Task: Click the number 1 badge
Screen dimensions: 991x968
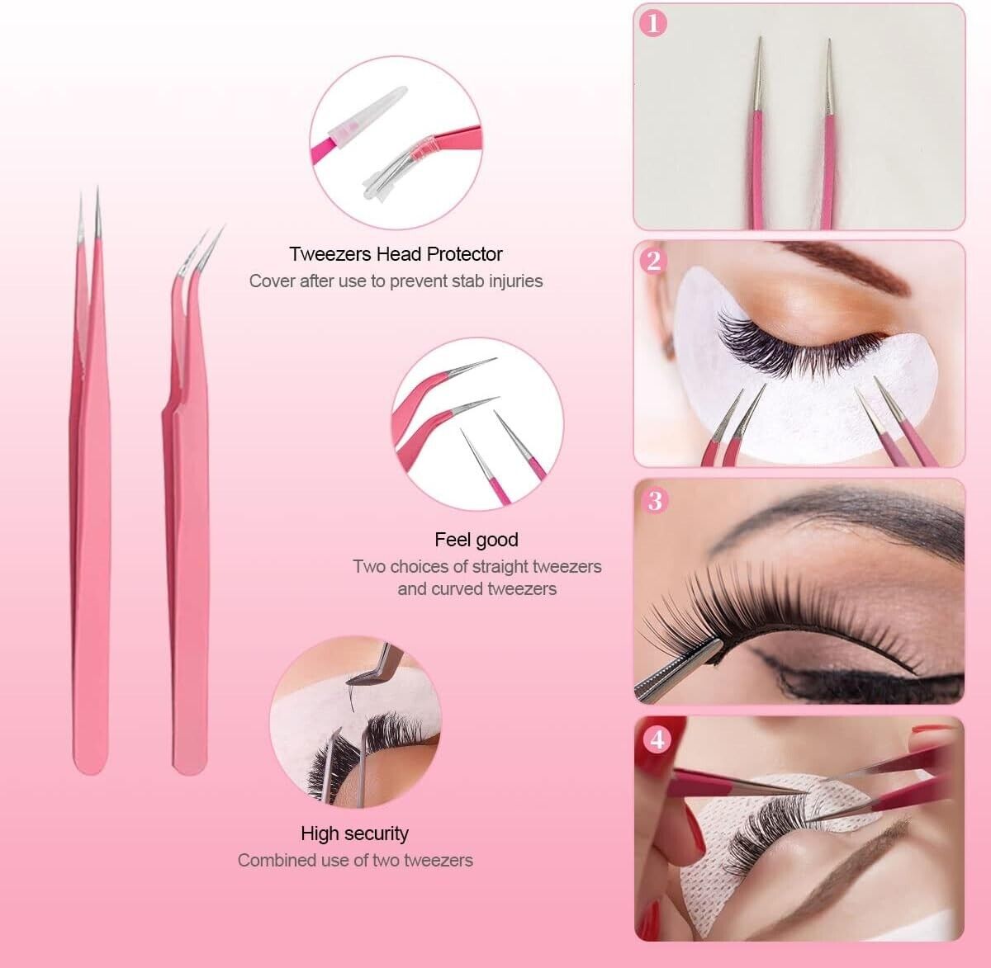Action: coord(653,23)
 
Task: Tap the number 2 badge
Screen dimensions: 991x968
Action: coord(653,262)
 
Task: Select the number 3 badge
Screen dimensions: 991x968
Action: coord(654,501)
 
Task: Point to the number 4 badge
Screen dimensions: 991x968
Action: coord(657,739)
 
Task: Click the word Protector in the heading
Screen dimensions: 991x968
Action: coord(464,254)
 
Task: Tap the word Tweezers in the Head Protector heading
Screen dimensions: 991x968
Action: coord(330,254)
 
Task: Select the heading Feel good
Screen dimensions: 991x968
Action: coord(477,540)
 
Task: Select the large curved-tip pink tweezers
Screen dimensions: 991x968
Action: coord(189,509)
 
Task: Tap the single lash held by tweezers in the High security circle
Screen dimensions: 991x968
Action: coord(351,698)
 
